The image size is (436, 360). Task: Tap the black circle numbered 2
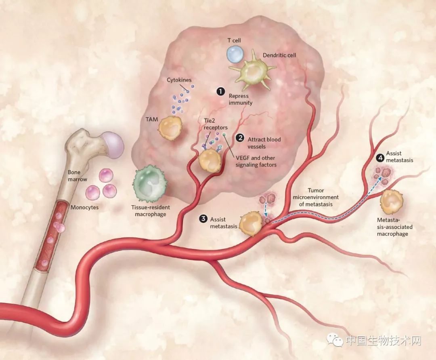(240, 138)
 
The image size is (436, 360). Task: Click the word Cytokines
(179, 80)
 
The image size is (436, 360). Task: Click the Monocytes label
(84, 208)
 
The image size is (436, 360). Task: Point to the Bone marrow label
(77, 176)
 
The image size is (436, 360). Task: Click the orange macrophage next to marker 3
(251, 224)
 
